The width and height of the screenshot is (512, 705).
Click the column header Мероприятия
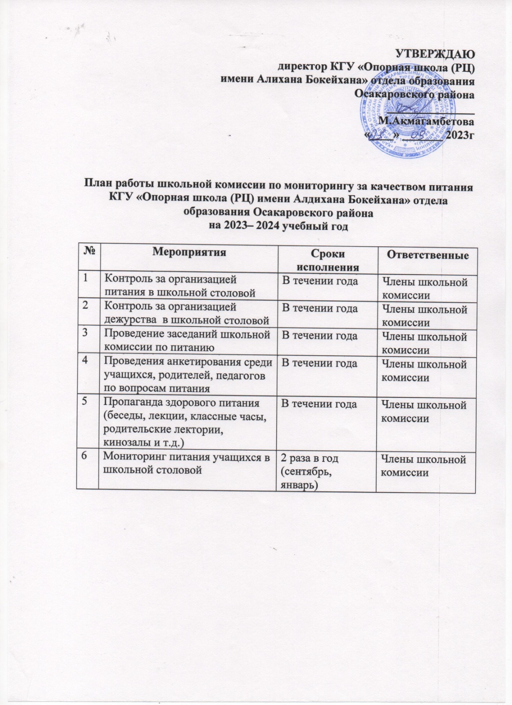[189, 252]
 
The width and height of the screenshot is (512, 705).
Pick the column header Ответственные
[427, 255]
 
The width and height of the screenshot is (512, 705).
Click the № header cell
[89, 252]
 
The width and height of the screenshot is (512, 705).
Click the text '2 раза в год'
[310, 458]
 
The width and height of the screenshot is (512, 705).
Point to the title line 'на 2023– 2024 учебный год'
[278, 226]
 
